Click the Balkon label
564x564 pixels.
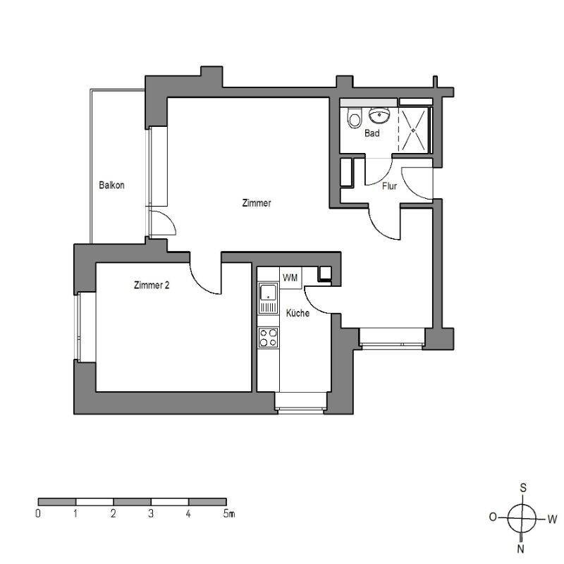click(112, 185)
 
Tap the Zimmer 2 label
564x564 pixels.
click(151, 286)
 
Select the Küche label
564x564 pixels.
click(298, 313)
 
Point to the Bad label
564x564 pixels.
click(373, 133)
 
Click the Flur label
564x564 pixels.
click(389, 187)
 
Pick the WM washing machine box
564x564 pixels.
click(290, 278)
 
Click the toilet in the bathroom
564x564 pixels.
click(354, 119)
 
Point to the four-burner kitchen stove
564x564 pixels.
click(268, 337)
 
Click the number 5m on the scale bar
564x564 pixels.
click(228, 514)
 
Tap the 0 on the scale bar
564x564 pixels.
click(38, 514)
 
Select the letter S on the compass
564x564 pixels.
click(522, 487)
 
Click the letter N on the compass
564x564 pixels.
click(521, 548)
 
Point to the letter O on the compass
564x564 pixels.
click(493, 517)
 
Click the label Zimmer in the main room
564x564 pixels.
click(256, 203)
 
